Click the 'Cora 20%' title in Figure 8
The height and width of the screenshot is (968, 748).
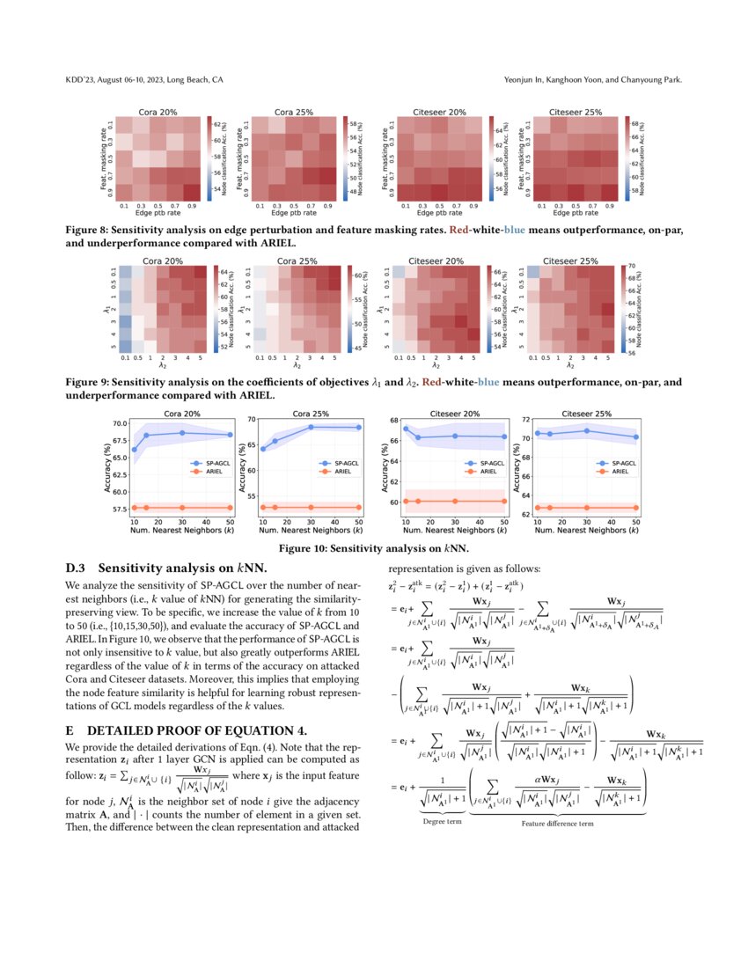159,113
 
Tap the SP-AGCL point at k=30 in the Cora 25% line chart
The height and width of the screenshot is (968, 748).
311,427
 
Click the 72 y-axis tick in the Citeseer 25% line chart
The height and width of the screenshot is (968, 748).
527,420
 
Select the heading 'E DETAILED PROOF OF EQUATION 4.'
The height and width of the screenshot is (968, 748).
186,730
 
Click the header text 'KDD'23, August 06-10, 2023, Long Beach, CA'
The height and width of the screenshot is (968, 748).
144,80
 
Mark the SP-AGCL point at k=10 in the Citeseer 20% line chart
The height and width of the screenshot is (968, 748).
406,429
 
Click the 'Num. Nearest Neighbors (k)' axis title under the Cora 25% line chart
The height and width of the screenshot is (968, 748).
311,532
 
